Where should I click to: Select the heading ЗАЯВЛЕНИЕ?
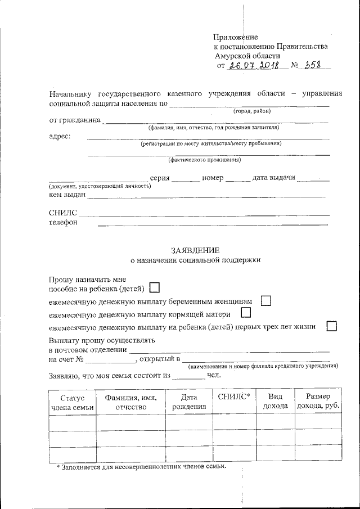[195, 250]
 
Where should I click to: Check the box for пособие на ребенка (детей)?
[155, 288]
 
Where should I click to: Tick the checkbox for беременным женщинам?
[267, 301]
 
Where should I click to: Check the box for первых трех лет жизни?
[332, 326]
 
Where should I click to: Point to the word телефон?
[63, 222]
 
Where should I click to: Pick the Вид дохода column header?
[276, 402]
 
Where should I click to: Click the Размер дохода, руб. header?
[318, 402]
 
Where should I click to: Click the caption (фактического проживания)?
[209, 160]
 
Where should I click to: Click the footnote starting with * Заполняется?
[141, 467]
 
